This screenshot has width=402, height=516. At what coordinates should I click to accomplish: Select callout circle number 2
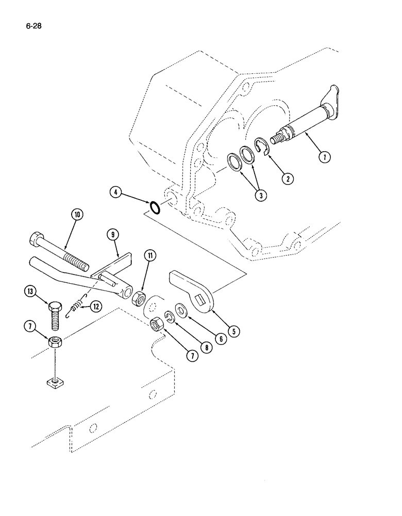[287, 179]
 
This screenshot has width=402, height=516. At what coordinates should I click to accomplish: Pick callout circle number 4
[115, 193]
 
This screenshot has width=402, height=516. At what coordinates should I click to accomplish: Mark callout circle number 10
[78, 215]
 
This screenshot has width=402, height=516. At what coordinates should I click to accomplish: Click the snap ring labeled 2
[264, 146]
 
